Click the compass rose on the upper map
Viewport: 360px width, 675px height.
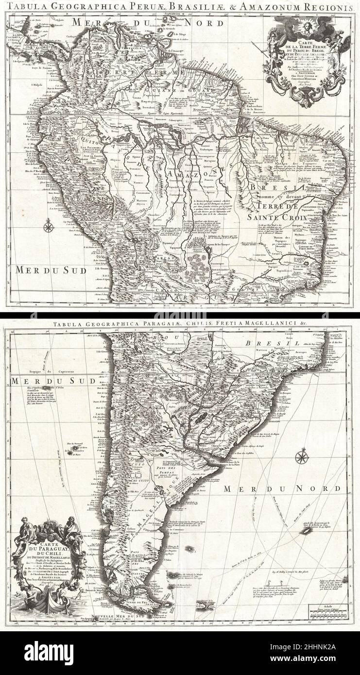coord(48,225)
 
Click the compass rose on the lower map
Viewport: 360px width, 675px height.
coord(301,457)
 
